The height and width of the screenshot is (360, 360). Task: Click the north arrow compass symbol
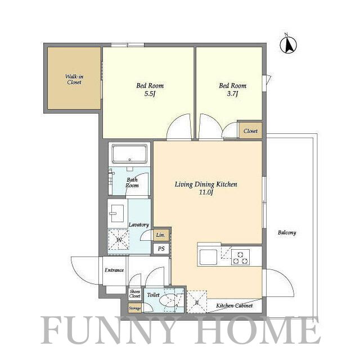click(289, 44)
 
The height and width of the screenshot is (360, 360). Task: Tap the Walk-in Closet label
click(74, 79)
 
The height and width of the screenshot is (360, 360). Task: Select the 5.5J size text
click(150, 94)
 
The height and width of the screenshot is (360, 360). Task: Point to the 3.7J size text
click(232, 94)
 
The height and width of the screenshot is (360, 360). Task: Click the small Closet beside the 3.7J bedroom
click(250, 130)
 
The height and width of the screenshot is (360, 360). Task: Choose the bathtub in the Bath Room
click(129, 154)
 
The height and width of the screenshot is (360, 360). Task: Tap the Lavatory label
click(139, 224)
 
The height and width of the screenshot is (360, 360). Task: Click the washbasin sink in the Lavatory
click(118, 213)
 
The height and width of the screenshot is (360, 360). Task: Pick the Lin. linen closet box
click(161, 235)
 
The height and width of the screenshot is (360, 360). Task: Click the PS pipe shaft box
click(161, 249)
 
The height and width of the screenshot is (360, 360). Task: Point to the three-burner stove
click(240, 258)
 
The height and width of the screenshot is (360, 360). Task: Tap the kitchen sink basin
click(208, 257)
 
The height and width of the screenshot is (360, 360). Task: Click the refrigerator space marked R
click(197, 301)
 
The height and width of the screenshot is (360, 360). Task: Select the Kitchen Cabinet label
click(234, 305)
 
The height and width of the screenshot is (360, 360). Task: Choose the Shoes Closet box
click(135, 294)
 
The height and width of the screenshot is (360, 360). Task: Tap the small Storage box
click(135, 308)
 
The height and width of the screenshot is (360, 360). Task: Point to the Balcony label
click(287, 232)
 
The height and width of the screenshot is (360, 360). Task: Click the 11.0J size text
click(206, 192)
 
